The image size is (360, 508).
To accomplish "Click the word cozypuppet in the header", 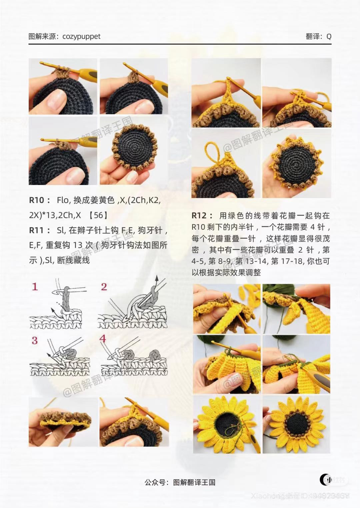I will pos(81,36).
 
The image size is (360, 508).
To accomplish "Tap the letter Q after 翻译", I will pos(329,37).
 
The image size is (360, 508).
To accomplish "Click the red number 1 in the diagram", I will pos(35,287).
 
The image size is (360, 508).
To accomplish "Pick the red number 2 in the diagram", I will pos(104,287).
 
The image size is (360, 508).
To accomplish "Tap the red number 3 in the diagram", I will pos(35,340).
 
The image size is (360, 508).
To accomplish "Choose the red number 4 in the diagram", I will pos(103,339).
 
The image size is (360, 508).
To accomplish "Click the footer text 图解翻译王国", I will pos(194,482).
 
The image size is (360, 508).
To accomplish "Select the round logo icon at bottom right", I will pos(325,480).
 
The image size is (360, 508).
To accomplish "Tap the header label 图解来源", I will pos(42,36).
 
